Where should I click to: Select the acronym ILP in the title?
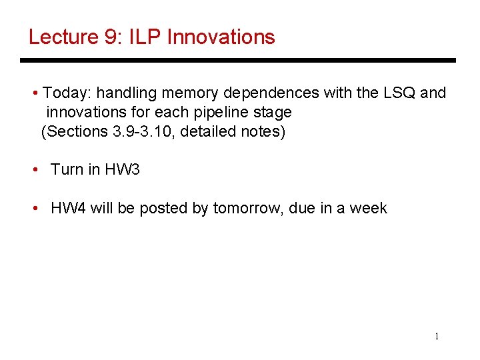click(x=145, y=37)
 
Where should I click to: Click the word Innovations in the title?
click(x=221, y=37)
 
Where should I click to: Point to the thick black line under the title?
click(x=238, y=61)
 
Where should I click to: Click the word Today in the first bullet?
click(x=65, y=93)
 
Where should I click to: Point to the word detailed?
click(x=208, y=131)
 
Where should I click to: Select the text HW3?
click(x=123, y=169)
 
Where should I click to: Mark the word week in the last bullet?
click(x=369, y=208)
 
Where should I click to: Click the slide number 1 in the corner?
click(x=437, y=336)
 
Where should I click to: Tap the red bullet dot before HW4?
click(x=36, y=208)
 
